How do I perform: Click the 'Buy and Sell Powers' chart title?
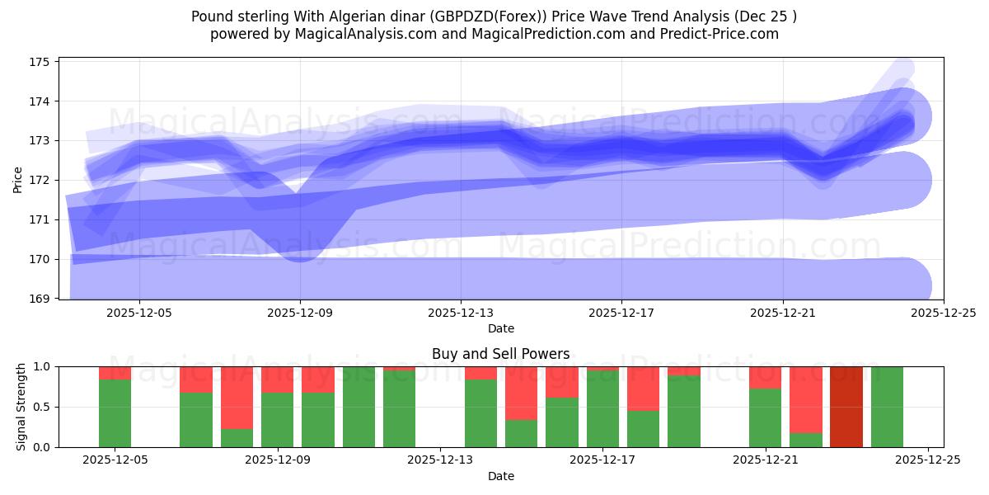pyautogui.click(x=500, y=354)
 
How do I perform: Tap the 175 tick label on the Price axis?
pyautogui.click(x=40, y=62)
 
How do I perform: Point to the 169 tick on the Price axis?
pyautogui.click(x=40, y=299)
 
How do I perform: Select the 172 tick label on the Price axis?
pyautogui.click(x=40, y=180)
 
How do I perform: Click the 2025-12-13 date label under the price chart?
pyautogui.click(x=460, y=313)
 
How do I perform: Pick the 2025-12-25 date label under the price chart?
pyautogui.click(x=943, y=313)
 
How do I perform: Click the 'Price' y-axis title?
pyautogui.click(x=18, y=180)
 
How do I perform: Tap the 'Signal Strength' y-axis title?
pyautogui.click(x=22, y=407)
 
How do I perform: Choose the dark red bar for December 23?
pyautogui.click(x=846, y=407)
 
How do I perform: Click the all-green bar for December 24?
pyautogui.click(x=887, y=407)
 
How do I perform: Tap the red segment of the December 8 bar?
pyautogui.click(x=237, y=398)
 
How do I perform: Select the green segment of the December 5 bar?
pyautogui.click(x=115, y=413)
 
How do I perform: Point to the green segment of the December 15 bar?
pyautogui.click(x=521, y=434)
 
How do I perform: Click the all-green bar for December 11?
pyautogui.click(x=359, y=407)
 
